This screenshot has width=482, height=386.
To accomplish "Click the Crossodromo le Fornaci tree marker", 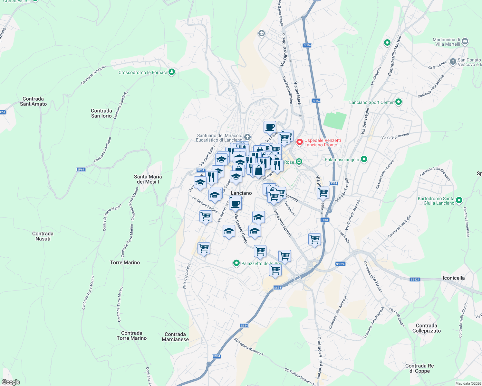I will pyautogui.click(x=172, y=72).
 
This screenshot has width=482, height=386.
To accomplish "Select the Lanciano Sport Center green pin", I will pyautogui.click(x=399, y=102).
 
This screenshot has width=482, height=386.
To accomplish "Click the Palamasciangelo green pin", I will pyautogui.click(x=364, y=159).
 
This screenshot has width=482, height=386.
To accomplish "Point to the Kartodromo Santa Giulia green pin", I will pyautogui.click(x=459, y=200).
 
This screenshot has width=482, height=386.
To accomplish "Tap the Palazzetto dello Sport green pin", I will pyautogui.click(x=236, y=263).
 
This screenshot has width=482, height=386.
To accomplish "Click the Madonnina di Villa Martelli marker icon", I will pyautogui.click(x=465, y=41).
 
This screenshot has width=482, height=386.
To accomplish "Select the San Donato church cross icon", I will pyautogui.click(x=453, y=62).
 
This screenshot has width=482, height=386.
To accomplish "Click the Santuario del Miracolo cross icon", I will pyautogui.click(x=247, y=137).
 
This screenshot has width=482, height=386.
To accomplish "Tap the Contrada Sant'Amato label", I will pyautogui.click(x=33, y=101).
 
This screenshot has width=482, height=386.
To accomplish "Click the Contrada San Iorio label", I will pyautogui.click(x=101, y=113).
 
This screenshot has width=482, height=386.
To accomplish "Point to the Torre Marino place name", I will pyautogui.click(x=125, y=262).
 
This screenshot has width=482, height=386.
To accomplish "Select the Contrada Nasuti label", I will pyautogui.click(x=43, y=236).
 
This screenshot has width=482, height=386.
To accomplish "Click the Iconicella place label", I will pyautogui.click(x=453, y=278).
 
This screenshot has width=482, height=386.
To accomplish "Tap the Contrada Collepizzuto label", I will pyautogui.click(x=426, y=328).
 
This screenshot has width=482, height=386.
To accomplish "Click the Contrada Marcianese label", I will pyautogui.click(x=175, y=337).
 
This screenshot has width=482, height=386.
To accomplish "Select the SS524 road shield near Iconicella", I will pyautogui.click(x=415, y=280).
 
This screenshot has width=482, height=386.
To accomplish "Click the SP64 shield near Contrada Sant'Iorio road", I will pyautogui.click(x=81, y=170).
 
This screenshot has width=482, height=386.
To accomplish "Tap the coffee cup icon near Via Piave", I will pyautogui.click(x=270, y=127).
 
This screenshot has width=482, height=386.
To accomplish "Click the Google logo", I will pyautogui.click(x=11, y=382).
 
